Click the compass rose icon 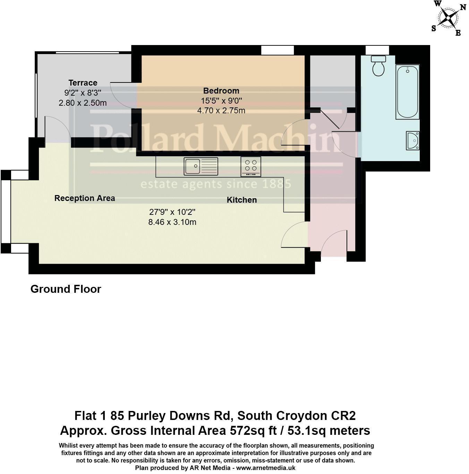click(449, 18)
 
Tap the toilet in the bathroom click(378, 66)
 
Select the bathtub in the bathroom click(408, 92)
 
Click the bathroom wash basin click(413, 140)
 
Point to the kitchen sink click(201, 166)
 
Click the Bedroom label click(221, 91)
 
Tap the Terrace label click(83, 83)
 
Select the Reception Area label click(85, 198)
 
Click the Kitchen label click(242, 200)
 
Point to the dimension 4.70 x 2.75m click(221, 111)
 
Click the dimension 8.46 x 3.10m click(172, 222)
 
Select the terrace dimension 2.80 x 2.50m click(83, 103)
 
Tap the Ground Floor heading click(66, 289)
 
